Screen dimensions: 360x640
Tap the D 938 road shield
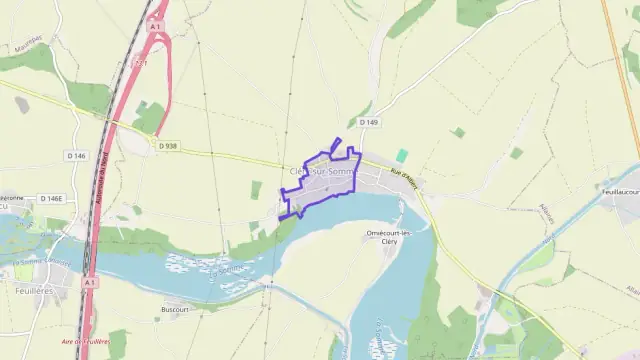point(167,146)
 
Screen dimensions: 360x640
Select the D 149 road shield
point(369,122)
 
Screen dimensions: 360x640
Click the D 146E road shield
point(50,199)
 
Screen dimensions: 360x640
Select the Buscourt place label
point(175,310)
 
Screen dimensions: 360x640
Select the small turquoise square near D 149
point(402,156)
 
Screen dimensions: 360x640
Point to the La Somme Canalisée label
point(46,265)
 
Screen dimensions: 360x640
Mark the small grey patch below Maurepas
point(22,104)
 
